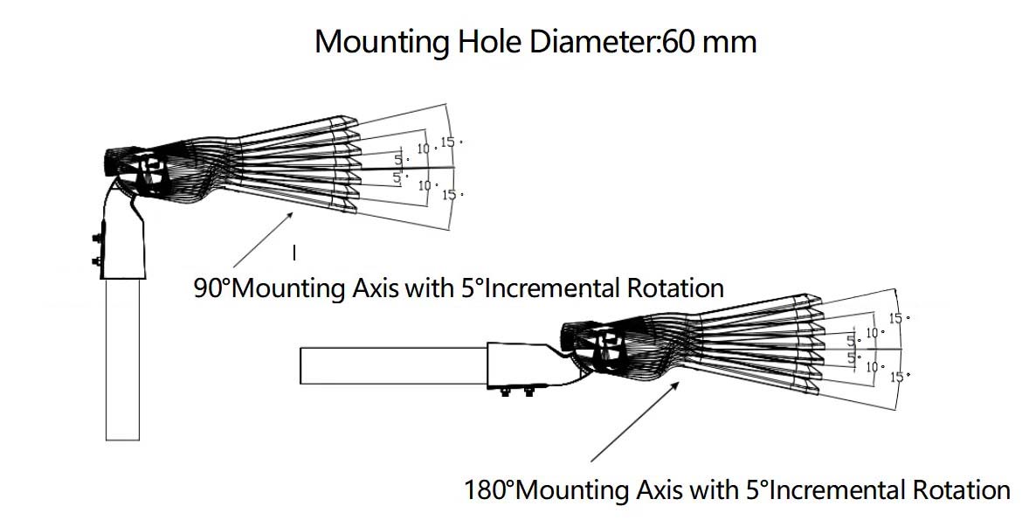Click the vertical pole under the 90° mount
point(122,358)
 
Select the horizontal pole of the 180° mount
point(393,365)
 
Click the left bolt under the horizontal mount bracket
point(505,392)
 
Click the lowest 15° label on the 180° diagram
point(899,376)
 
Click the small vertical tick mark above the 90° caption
point(294,253)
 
